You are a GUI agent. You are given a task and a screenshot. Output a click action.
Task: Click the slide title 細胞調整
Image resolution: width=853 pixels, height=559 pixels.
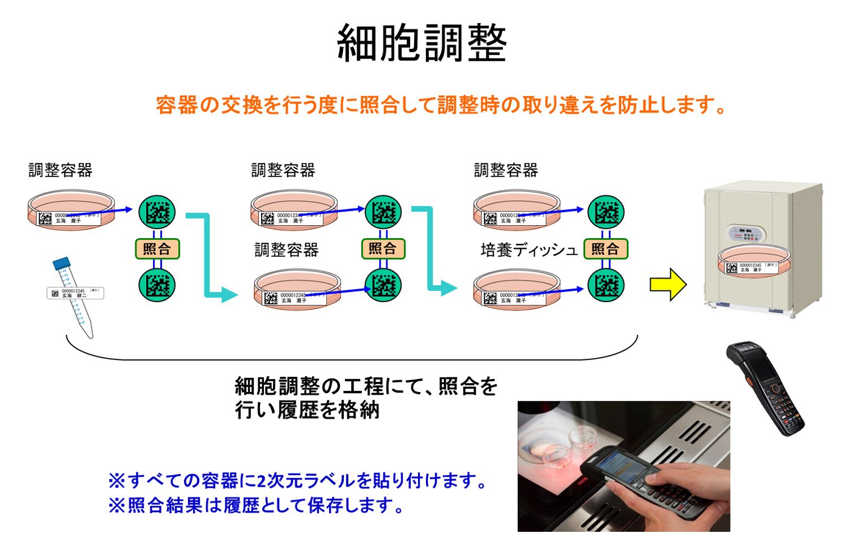[421, 44]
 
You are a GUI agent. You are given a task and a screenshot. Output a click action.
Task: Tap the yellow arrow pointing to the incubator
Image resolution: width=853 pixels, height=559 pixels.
[668, 284]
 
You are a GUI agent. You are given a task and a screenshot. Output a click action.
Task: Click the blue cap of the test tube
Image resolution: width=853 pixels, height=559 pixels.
[61, 263]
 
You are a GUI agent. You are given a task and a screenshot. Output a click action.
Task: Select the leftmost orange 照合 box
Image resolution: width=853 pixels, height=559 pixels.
[157, 248]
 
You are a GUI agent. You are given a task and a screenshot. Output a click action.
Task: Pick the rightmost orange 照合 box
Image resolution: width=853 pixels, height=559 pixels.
[605, 249]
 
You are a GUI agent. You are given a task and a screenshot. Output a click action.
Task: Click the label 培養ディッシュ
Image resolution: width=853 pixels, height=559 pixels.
[528, 250]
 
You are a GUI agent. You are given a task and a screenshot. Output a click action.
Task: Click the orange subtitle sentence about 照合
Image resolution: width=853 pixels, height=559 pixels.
[441, 105]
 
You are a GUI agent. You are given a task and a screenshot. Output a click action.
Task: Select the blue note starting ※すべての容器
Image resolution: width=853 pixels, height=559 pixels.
[298, 481]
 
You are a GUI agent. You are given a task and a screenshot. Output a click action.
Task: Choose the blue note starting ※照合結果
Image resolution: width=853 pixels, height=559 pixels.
[256, 505]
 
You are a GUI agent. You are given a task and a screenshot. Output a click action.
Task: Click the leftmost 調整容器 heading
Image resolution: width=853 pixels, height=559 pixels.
[61, 170]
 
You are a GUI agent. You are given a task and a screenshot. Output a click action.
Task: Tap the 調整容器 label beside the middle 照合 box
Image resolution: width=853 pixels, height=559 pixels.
[287, 250]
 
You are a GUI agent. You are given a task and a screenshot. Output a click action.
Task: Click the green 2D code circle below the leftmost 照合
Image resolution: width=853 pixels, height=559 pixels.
[157, 285]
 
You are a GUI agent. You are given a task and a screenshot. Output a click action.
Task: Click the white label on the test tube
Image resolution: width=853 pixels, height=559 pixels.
[75, 293]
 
